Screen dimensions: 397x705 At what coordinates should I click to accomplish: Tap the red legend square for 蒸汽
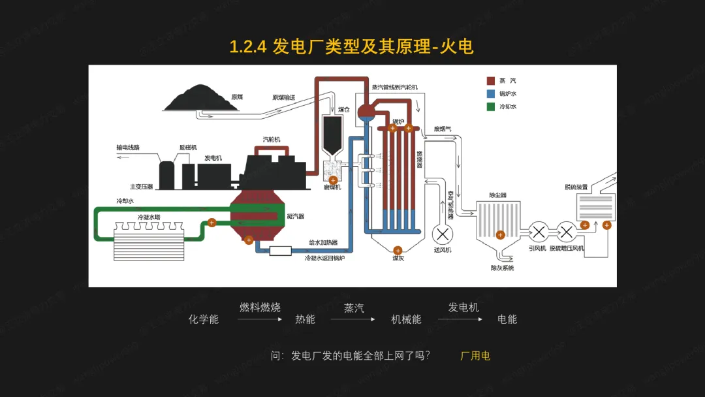point(490,81)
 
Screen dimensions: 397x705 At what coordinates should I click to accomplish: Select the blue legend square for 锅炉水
point(490,93)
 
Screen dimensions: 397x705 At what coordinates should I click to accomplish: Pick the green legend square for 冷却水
point(490,106)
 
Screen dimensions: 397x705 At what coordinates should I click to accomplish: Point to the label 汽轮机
point(271,140)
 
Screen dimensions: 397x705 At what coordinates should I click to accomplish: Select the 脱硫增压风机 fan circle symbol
point(566,231)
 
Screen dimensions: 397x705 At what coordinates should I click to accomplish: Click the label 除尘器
point(498,195)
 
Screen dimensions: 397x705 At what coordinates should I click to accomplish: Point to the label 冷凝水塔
point(149,217)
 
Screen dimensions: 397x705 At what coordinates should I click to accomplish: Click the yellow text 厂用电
point(475,356)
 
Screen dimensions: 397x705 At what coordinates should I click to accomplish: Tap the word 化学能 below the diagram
point(204,319)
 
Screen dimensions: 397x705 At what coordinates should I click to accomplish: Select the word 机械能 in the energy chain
point(406,319)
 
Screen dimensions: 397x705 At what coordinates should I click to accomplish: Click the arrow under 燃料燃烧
point(260,319)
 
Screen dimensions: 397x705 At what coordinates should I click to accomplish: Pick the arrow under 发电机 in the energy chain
point(460,319)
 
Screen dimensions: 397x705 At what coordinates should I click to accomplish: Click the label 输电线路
point(128,148)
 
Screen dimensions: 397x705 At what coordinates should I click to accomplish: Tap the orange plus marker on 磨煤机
point(333,180)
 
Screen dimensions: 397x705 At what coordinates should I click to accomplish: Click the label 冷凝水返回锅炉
point(324,258)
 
